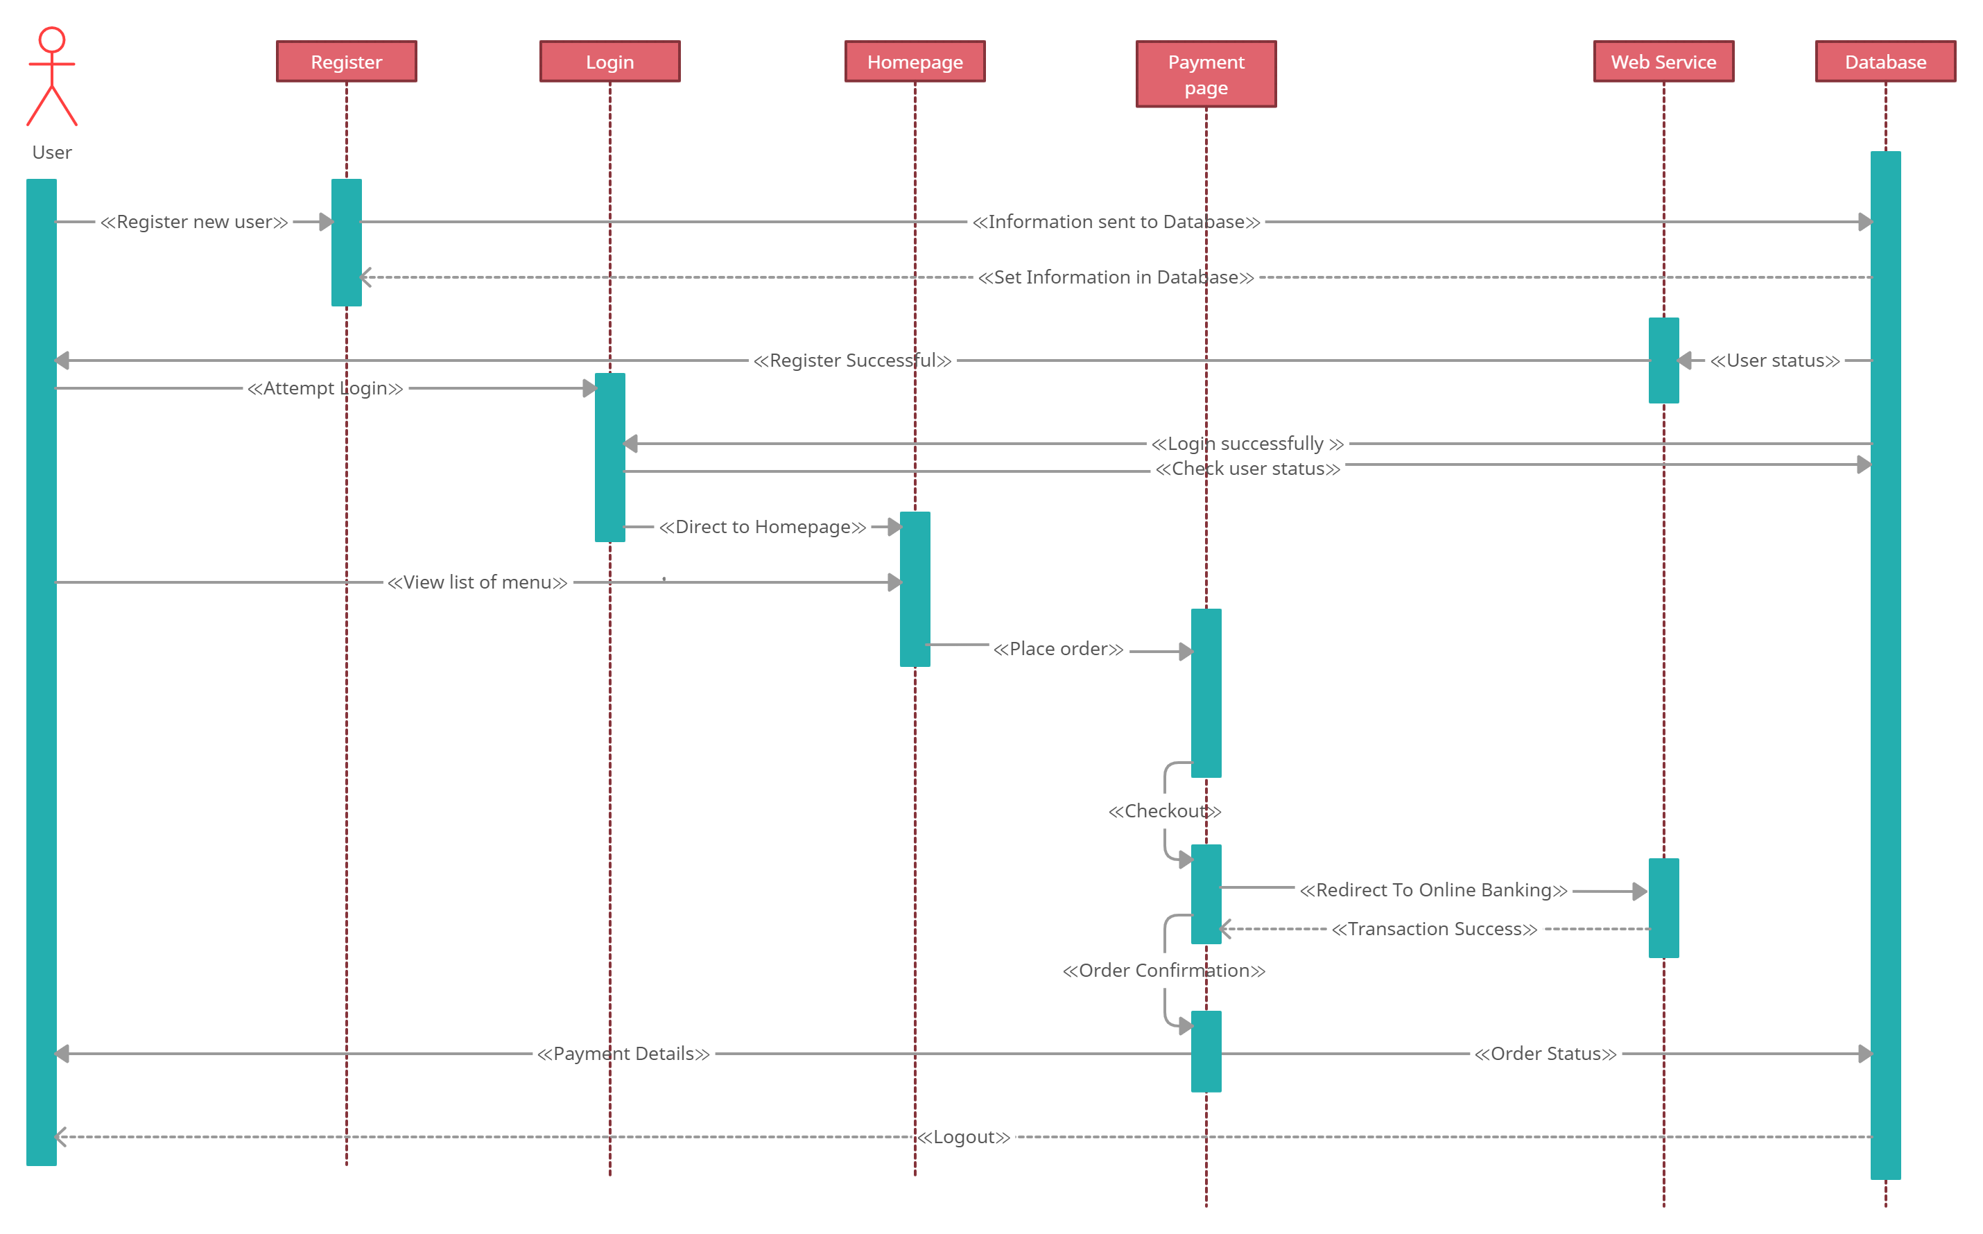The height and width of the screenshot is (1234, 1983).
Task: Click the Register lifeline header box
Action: [x=346, y=62]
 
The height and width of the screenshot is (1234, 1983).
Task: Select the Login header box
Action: [x=609, y=62]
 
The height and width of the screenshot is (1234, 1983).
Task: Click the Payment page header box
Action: [x=1206, y=74]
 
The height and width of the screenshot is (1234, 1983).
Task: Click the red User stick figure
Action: [x=51, y=78]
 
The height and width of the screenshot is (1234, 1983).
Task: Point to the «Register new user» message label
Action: [x=194, y=222]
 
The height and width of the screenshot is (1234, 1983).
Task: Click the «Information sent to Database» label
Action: [x=1116, y=222]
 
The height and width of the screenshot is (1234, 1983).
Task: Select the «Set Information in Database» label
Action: [x=1116, y=277]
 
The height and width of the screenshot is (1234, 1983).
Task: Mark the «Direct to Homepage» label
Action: [x=762, y=528]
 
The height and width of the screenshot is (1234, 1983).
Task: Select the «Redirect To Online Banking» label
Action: [x=1433, y=890]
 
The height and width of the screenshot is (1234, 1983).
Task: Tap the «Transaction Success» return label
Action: [x=1434, y=930]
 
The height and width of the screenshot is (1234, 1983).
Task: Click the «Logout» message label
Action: [x=964, y=1137]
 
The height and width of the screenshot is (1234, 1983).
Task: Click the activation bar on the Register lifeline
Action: [x=346, y=243]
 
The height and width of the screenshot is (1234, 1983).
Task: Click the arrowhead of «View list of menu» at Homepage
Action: [x=894, y=583]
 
